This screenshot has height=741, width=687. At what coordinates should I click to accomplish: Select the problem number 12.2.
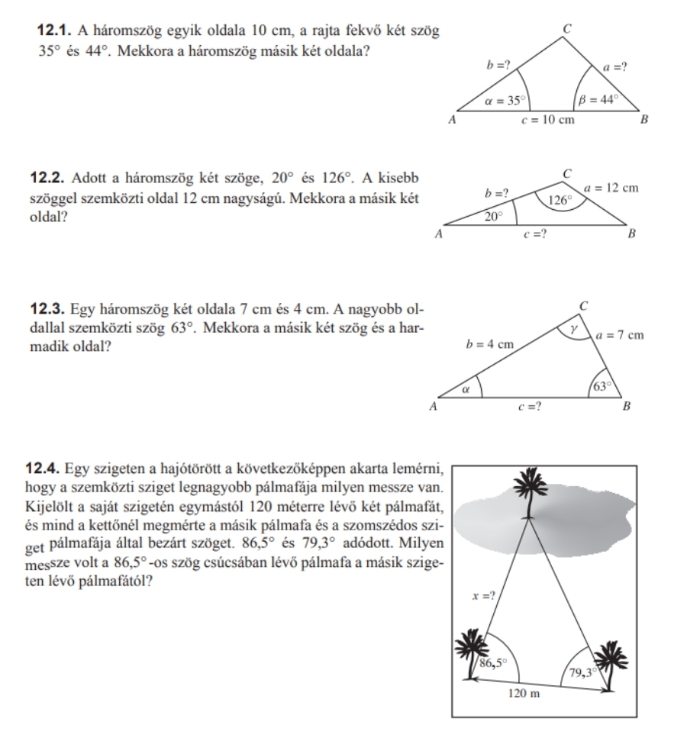click(49, 179)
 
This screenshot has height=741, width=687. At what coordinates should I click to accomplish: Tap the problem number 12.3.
click(48, 311)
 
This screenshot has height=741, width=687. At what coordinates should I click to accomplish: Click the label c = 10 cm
click(547, 121)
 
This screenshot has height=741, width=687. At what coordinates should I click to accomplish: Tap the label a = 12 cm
click(611, 187)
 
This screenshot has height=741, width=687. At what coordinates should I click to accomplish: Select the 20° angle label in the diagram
click(495, 216)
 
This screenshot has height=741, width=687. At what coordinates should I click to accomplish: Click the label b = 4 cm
click(490, 344)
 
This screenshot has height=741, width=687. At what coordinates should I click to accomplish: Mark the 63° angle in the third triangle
click(604, 385)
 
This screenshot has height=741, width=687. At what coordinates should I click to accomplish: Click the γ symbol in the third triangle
click(576, 326)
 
